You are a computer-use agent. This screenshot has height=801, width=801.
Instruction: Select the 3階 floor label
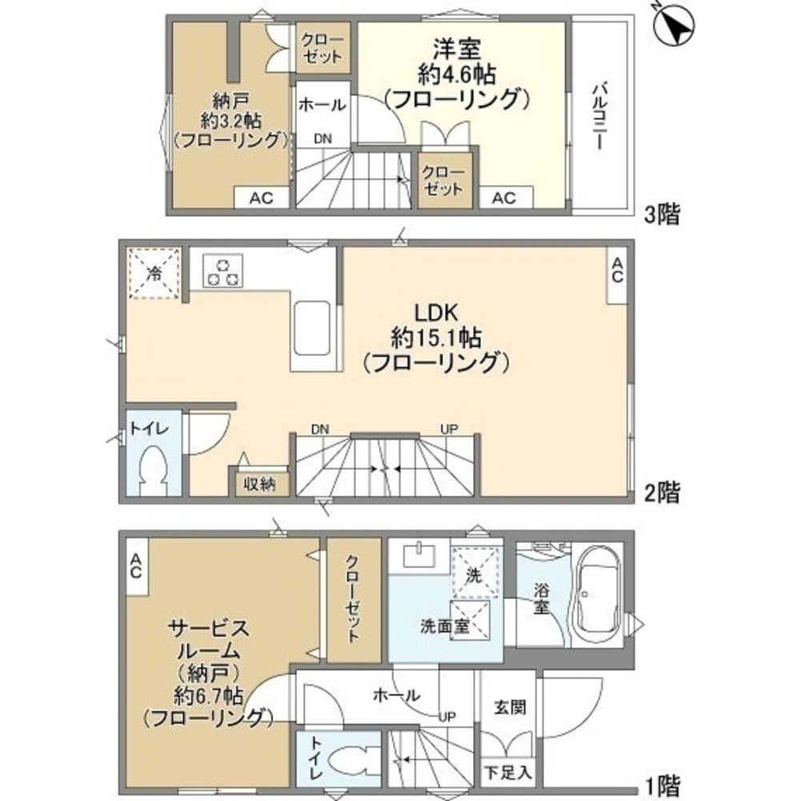pos(663,214)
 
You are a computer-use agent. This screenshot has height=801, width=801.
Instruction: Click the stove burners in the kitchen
pos(223,269)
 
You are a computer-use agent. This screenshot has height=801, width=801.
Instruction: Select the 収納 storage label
pos(259,485)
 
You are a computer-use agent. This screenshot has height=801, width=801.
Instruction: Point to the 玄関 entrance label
pos(509,707)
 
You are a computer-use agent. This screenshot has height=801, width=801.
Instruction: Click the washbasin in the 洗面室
pos(416,553)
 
